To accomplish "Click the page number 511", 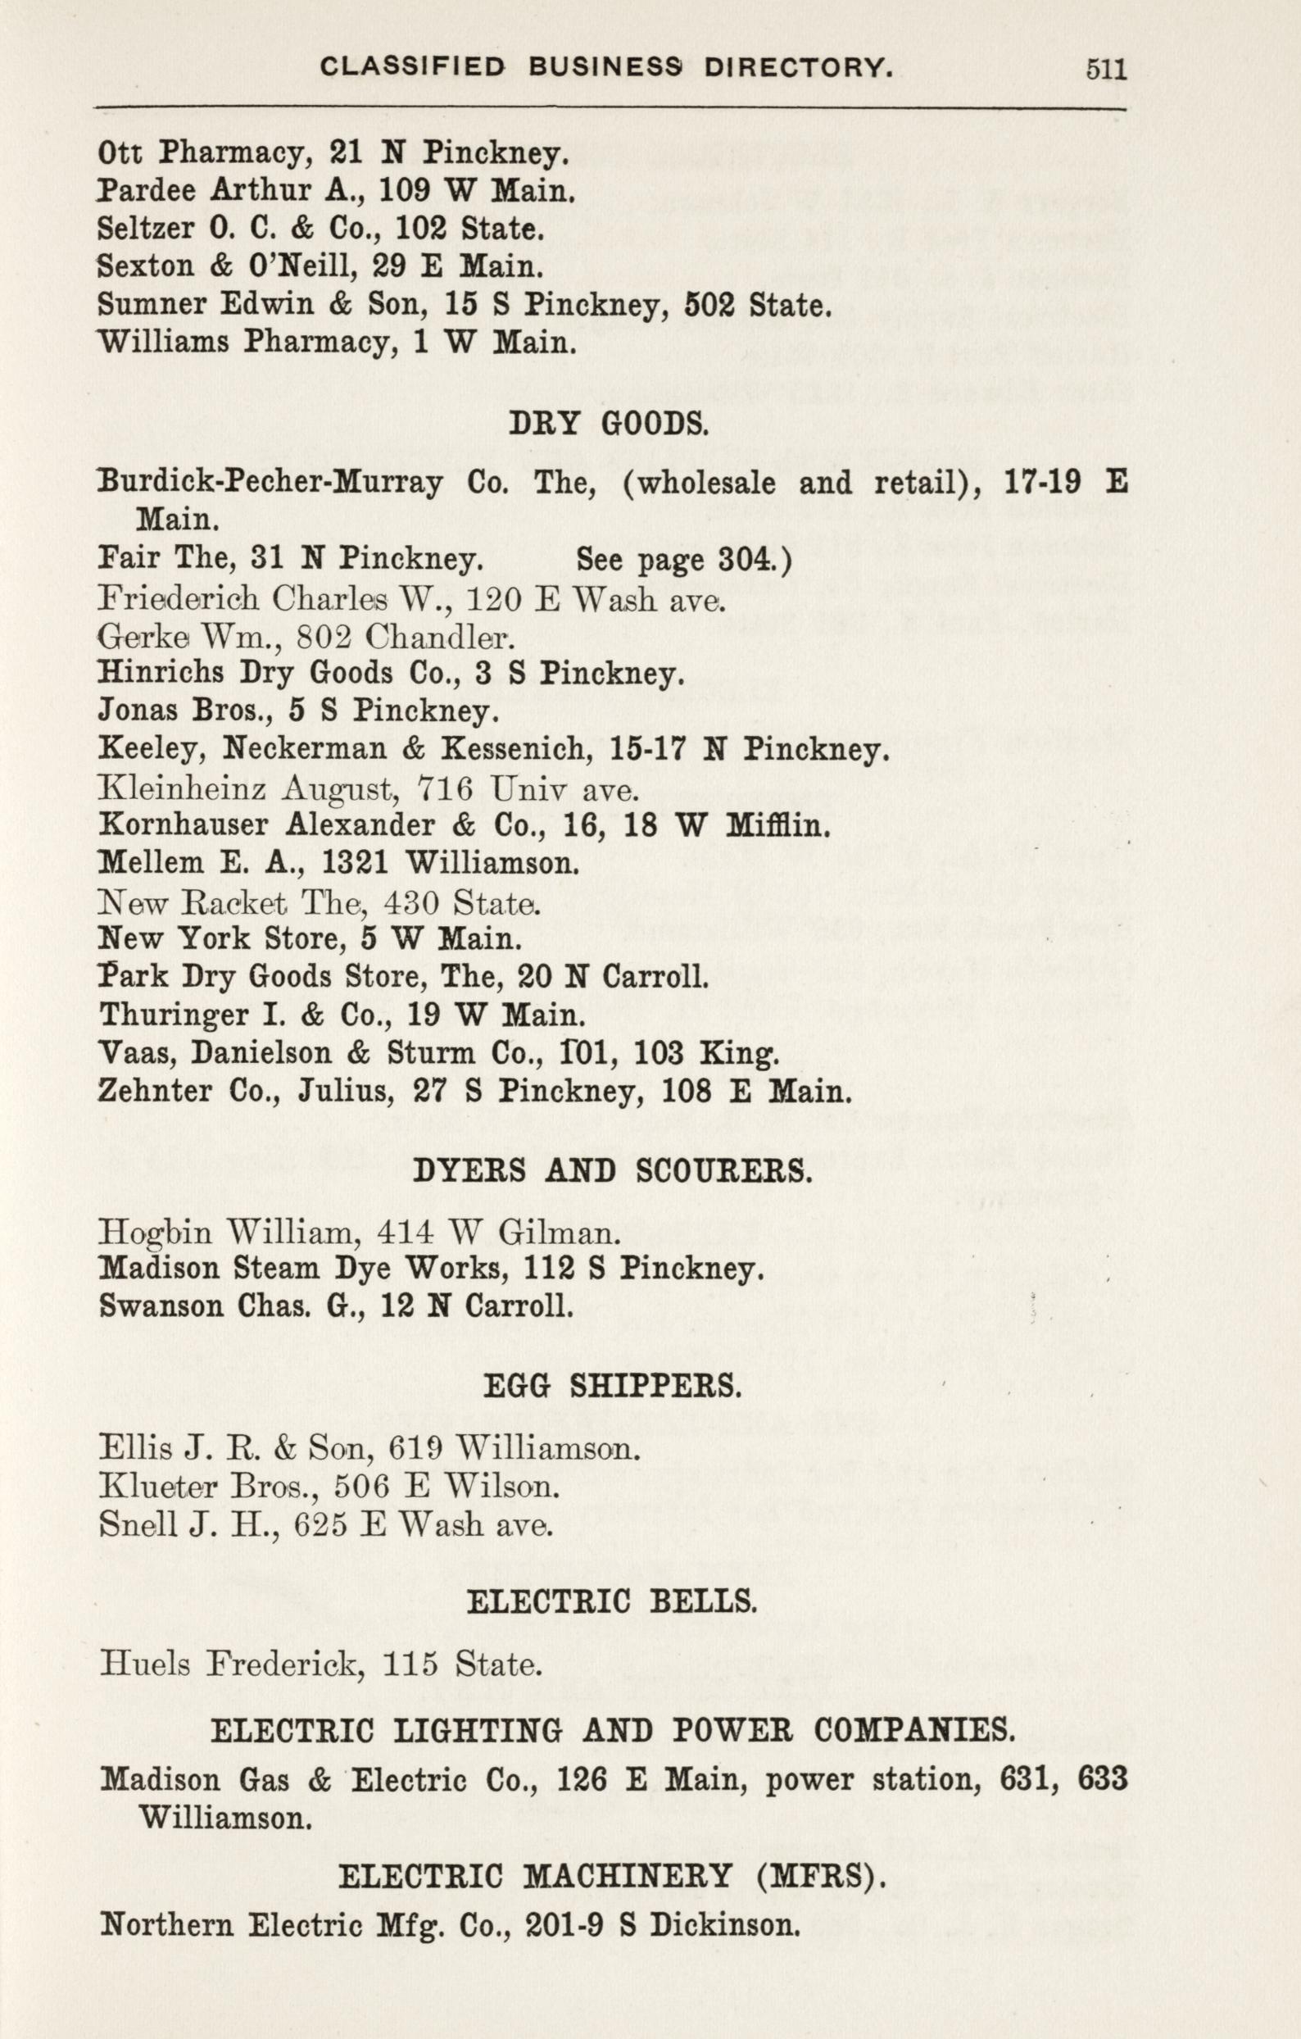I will click(1107, 68).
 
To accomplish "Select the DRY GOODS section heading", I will click(610, 424).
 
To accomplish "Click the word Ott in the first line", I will click(124, 152).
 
